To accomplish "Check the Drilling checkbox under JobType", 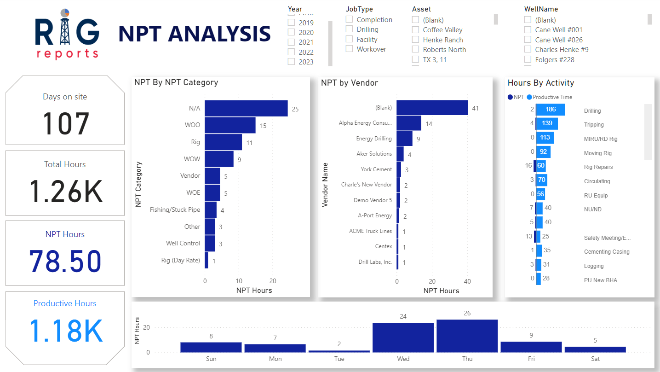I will (x=349, y=29).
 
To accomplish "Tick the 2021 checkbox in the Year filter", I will (x=291, y=42).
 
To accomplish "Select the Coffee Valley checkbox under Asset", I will (x=415, y=29).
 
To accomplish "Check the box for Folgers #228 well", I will (x=528, y=59).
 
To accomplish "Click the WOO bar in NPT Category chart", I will (x=230, y=125).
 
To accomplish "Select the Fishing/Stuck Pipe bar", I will (x=211, y=209).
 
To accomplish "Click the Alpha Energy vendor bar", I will (x=409, y=123).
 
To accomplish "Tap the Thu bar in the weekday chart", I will (x=467, y=336).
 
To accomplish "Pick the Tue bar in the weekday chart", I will (x=339, y=351).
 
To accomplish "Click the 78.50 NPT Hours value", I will (x=65, y=262).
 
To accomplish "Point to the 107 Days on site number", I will (x=65, y=123).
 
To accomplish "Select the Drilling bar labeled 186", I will (x=550, y=110).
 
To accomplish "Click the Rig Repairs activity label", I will (x=598, y=167).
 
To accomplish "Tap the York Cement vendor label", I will (x=376, y=169).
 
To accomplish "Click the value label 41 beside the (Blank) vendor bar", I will (x=475, y=108).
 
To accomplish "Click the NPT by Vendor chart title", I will (x=350, y=83).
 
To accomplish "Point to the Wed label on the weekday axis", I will (x=403, y=359).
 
